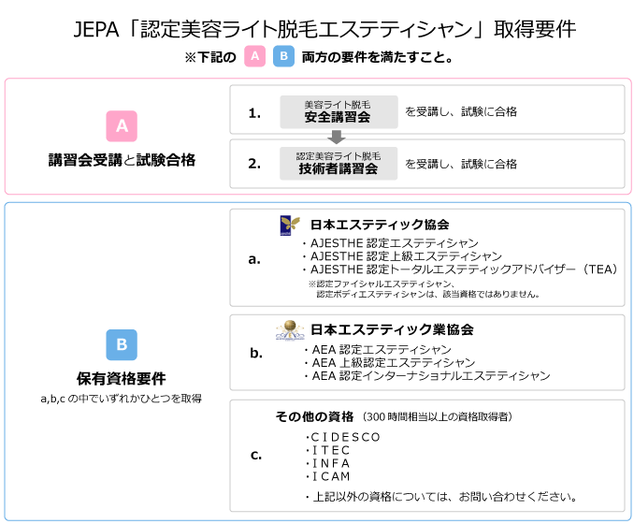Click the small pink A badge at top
coord(254,56)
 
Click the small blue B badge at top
coord(283,56)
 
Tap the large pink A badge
coord(122,126)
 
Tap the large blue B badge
coord(122,344)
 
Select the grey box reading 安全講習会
coord(339,112)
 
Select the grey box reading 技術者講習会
coord(339,164)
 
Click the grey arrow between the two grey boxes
coord(338,138)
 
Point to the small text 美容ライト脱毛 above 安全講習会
coord(338,105)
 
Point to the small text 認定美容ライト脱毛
coord(338,156)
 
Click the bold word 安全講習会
coord(338,118)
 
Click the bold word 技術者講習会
coord(338,169)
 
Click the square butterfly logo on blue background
coord(290,225)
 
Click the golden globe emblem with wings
coord(290,330)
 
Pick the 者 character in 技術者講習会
coord(331,169)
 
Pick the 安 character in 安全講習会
coord(311,118)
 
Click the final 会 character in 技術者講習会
coord(371,169)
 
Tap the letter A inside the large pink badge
coord(122,126)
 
